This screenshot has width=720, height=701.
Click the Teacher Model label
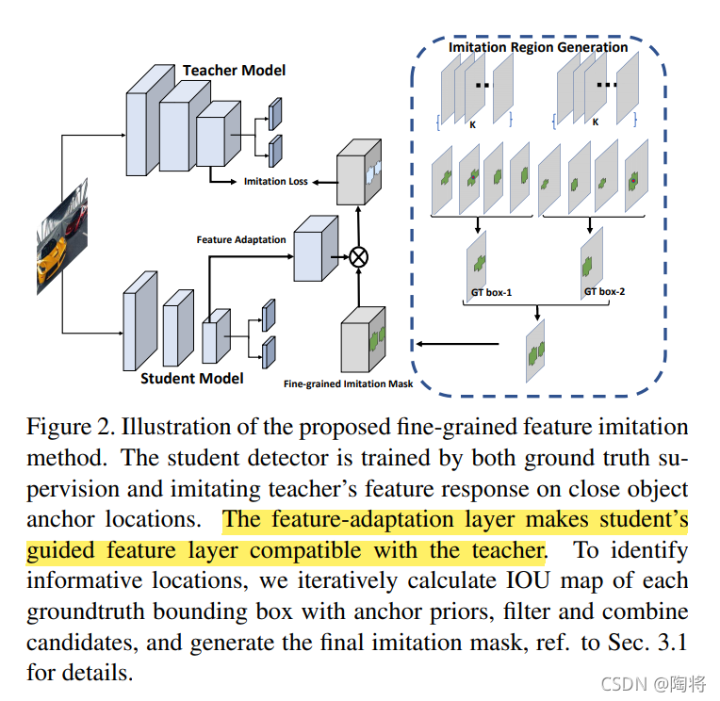coord(234,71)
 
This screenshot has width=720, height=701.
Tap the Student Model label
coord(192,379)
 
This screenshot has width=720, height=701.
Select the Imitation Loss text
coord(276,181)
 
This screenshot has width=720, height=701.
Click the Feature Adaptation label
coord(240,239)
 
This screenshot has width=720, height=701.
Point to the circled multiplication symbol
coord(358,254)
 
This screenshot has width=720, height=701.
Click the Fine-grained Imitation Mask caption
coord(348,383)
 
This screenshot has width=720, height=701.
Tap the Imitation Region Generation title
coord(537,47)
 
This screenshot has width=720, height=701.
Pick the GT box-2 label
coord(604,292)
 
